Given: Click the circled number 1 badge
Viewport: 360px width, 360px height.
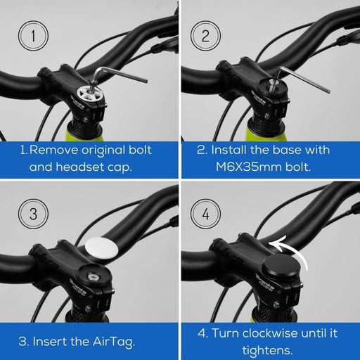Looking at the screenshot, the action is pyautogui.click(x=33, y=36).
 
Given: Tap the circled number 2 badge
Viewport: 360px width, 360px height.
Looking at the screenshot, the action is pyautogui.click(x=205, y=36).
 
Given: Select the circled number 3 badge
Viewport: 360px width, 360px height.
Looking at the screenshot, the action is pyautogui.click(x=33, y=214).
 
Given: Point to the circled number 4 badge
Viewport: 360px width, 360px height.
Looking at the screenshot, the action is pyautogui.click(x=205, y=214).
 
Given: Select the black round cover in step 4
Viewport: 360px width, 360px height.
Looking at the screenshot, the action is pyautogui.click(x=283, y=266).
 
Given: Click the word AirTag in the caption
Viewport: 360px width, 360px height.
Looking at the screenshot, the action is pyautogui.click(x=114, y=342).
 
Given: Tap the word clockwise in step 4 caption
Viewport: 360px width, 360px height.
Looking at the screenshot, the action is pyautogui.click(x=271, y=333).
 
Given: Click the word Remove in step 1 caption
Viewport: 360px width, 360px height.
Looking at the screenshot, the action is pyautogui.click(x=53, y=150).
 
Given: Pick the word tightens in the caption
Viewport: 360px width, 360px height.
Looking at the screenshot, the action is pyautogui.click(x=267, y=350).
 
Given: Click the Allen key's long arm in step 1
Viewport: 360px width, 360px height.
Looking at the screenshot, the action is pyautogui.click(x=122, y=75).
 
